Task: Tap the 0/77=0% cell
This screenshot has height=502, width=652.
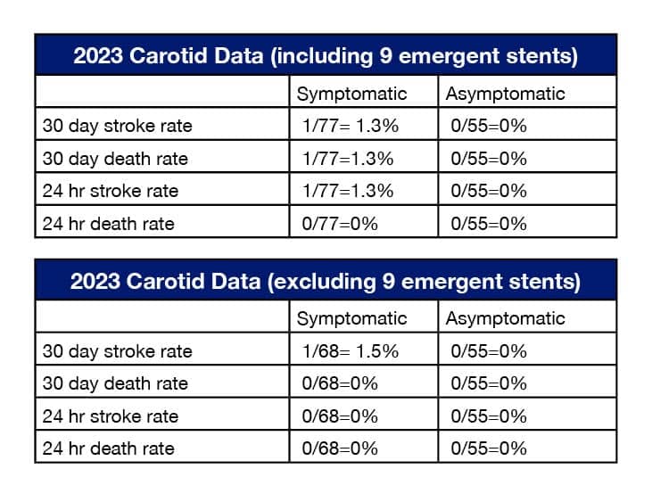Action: point(338,223)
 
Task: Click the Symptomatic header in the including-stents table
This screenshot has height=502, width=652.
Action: point(351,94)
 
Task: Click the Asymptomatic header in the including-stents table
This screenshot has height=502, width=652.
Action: point(505,94)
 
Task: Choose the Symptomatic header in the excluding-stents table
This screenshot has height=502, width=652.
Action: point(351,318)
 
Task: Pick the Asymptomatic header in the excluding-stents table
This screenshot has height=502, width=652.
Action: point(505,318)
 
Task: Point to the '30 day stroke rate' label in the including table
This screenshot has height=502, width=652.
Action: point(117,126)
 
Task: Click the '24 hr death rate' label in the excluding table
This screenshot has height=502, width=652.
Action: point(108,448)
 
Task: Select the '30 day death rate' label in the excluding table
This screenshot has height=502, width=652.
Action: point(115,383)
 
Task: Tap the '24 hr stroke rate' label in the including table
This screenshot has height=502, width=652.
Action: point(111,191)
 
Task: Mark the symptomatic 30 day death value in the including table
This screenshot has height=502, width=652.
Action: point(343,159)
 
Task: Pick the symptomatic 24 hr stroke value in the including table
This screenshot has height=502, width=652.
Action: point(343,191)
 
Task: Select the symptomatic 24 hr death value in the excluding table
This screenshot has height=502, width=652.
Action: point(338,448)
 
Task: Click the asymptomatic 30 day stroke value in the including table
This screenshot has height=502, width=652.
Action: point(489,126)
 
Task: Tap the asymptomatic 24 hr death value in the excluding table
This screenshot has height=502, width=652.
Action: point(489,448)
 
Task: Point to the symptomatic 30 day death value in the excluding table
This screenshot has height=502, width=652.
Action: point(338,383)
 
